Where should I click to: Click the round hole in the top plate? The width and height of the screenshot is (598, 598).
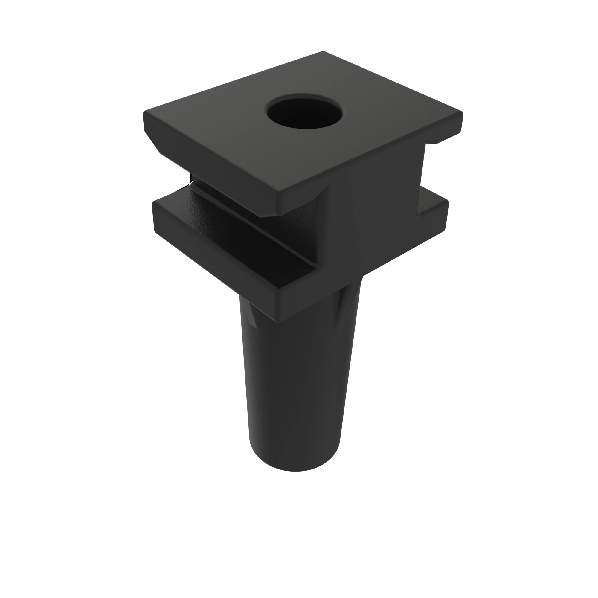pyautogui.click(x=305, y=113)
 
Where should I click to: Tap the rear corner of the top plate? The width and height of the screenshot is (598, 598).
pyautogui.click(x=323, y=53)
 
